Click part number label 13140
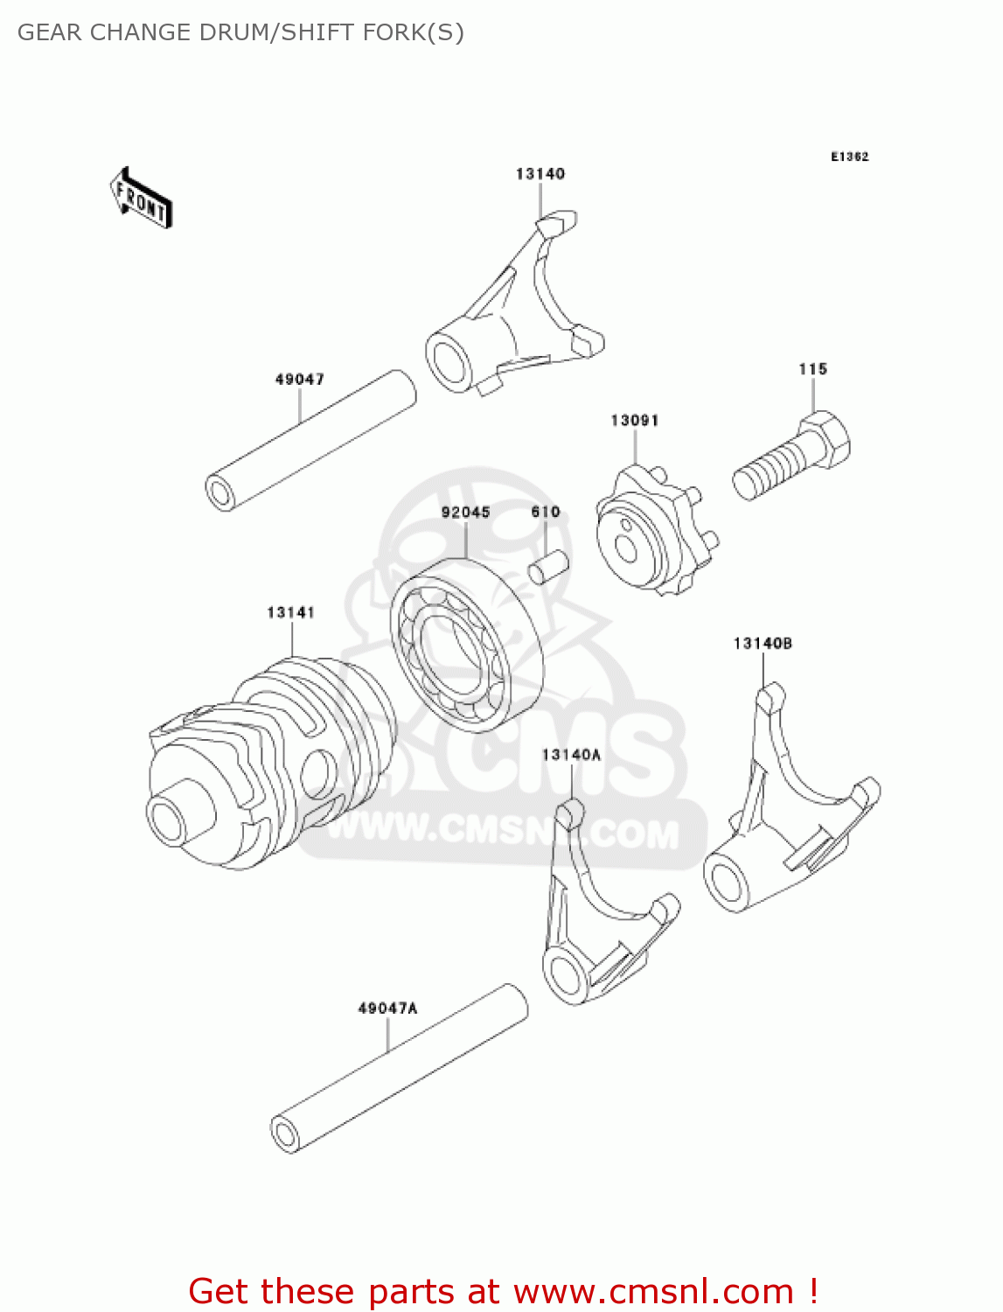[x=540, y=174]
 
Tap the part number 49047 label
[x=299, y=380]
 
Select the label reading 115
[x=812, y=369]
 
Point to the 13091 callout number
[x=634, y=421]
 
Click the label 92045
[x=465, y=513]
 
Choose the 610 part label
[x=546, y=513]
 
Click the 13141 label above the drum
[x=290, y=613]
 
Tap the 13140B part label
[x=763, y=644]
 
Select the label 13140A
[x=571, y=755]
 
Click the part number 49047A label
[x=387, y=1008]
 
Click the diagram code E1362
[x=849, y=157]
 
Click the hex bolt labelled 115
[x=791, y=459]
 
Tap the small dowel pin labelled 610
[x=548, y=565]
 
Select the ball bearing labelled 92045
[x=465, y=644]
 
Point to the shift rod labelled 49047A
[x=401, y=1070]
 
